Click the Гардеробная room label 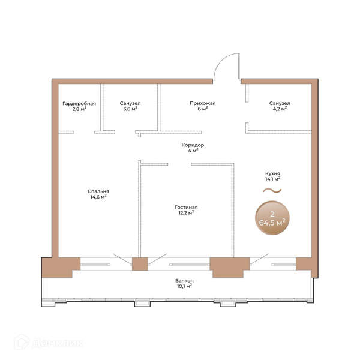click(x=79, y=104)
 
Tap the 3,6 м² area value click(x=130, y=109)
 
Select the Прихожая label click(x=203, y=103)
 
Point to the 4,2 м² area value click(x=280, y=109)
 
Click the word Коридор click(x=193, y=145)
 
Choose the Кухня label click(x=272, y=173)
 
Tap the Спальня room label click(x=98, y=191)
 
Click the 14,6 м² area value click(x=98, y=197)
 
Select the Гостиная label click(x=186, y=208)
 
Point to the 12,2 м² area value click(x=186, y=213)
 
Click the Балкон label click(x=184, y=281)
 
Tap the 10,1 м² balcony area click(x=184, y=286)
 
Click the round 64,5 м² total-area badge click(x=272, y=218)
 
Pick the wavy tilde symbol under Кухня click(x=272, y=190)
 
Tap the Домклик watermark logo click(x=49, y=343)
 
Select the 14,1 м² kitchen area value click(x=272, y=179)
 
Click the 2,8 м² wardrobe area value click(x=79, y=109)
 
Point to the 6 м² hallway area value click(x=203, y=109)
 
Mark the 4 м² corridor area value click(x=193, y=151)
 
